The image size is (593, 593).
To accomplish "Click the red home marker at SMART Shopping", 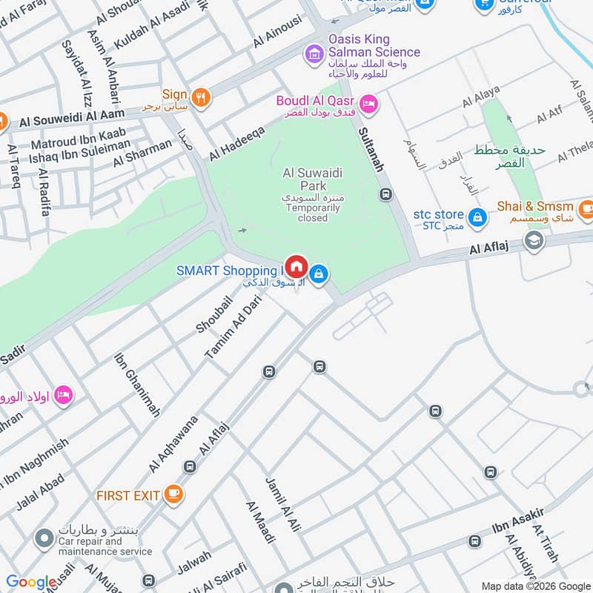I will point(296,265).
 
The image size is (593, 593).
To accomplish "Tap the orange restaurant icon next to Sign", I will point(200,96).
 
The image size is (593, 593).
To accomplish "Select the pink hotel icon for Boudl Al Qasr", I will point(368,104).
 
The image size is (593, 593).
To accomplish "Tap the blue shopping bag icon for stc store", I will point(479,216).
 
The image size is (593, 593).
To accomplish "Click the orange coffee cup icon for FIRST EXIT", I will point(173,494).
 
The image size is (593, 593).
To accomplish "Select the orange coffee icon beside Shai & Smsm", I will point(586,207).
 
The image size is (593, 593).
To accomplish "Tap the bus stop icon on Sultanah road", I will point(385,194).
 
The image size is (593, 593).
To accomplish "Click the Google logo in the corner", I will point(31,583).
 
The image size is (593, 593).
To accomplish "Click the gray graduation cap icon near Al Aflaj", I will point(534,240).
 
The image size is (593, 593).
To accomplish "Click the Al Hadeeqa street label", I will point(236,142).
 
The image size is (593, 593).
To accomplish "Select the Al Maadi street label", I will point(260,522).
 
